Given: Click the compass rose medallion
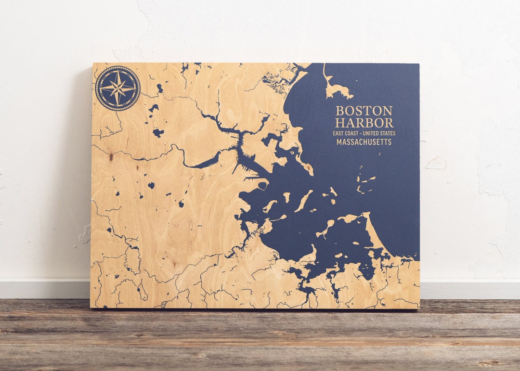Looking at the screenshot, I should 117,89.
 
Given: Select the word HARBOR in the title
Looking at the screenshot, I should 364,123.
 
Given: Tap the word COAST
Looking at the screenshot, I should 356,133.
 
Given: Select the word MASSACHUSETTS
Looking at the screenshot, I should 364,142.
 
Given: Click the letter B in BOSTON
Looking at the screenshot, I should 339,111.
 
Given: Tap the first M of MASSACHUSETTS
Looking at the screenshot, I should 339,142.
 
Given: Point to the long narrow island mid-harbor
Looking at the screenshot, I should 303,201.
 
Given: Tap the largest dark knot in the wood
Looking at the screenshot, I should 111,156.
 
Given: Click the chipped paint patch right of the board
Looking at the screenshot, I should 436,164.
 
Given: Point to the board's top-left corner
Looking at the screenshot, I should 93,64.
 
